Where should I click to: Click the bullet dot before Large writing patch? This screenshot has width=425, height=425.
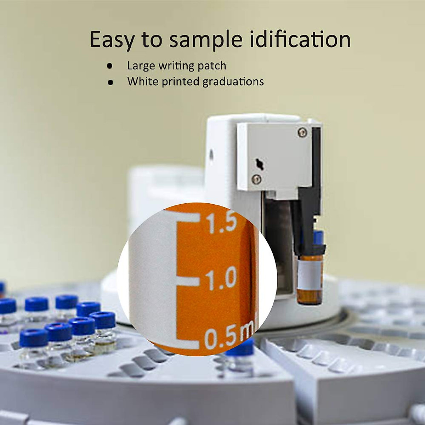point(110,66)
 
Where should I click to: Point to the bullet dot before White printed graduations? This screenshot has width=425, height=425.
point(110,82)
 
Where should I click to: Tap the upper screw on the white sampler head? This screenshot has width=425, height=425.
point(302,131)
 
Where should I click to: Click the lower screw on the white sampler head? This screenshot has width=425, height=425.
point(257,179)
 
